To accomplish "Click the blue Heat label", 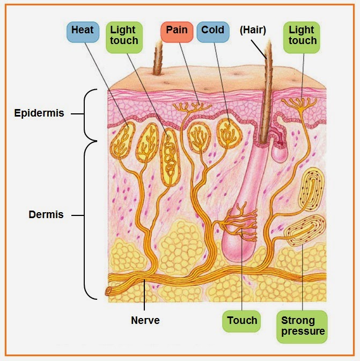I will (x=82, y=31).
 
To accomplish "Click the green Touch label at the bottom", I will (x=242, y=321).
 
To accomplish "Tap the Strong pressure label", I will (x=303, y=326).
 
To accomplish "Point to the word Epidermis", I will (x=39, y=113).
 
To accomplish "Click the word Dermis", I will (x=46, y=215).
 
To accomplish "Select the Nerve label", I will (x=145, y=321).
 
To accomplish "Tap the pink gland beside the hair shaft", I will (x=280, y=150).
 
